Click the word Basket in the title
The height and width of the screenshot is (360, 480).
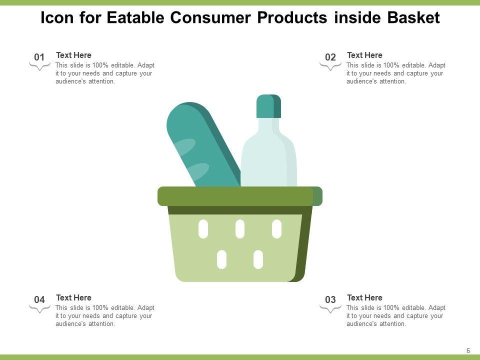[413, 17]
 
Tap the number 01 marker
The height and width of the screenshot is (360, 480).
[39, 57]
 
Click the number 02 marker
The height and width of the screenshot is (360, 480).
[330, 57]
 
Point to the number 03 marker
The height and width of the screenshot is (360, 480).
[330, 299]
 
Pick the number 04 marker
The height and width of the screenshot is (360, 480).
[39, 299]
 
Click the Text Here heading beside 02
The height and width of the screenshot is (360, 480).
[364, 55]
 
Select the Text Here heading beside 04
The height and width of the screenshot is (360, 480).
[74, 297]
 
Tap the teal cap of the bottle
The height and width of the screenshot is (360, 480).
[268, 106]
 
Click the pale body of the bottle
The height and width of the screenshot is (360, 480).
[268, 156]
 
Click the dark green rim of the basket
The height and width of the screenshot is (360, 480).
[240, 196]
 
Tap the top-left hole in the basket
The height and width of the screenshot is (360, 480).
[203, 229]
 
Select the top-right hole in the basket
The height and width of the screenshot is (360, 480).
[276, 229]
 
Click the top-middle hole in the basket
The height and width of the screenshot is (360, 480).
[240, 229]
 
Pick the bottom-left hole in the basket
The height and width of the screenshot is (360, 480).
[221, 259]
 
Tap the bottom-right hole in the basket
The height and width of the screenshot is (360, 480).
[258, 259]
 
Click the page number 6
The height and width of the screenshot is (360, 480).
[468, 351]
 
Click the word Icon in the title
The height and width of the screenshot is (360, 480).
[57, 17]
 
